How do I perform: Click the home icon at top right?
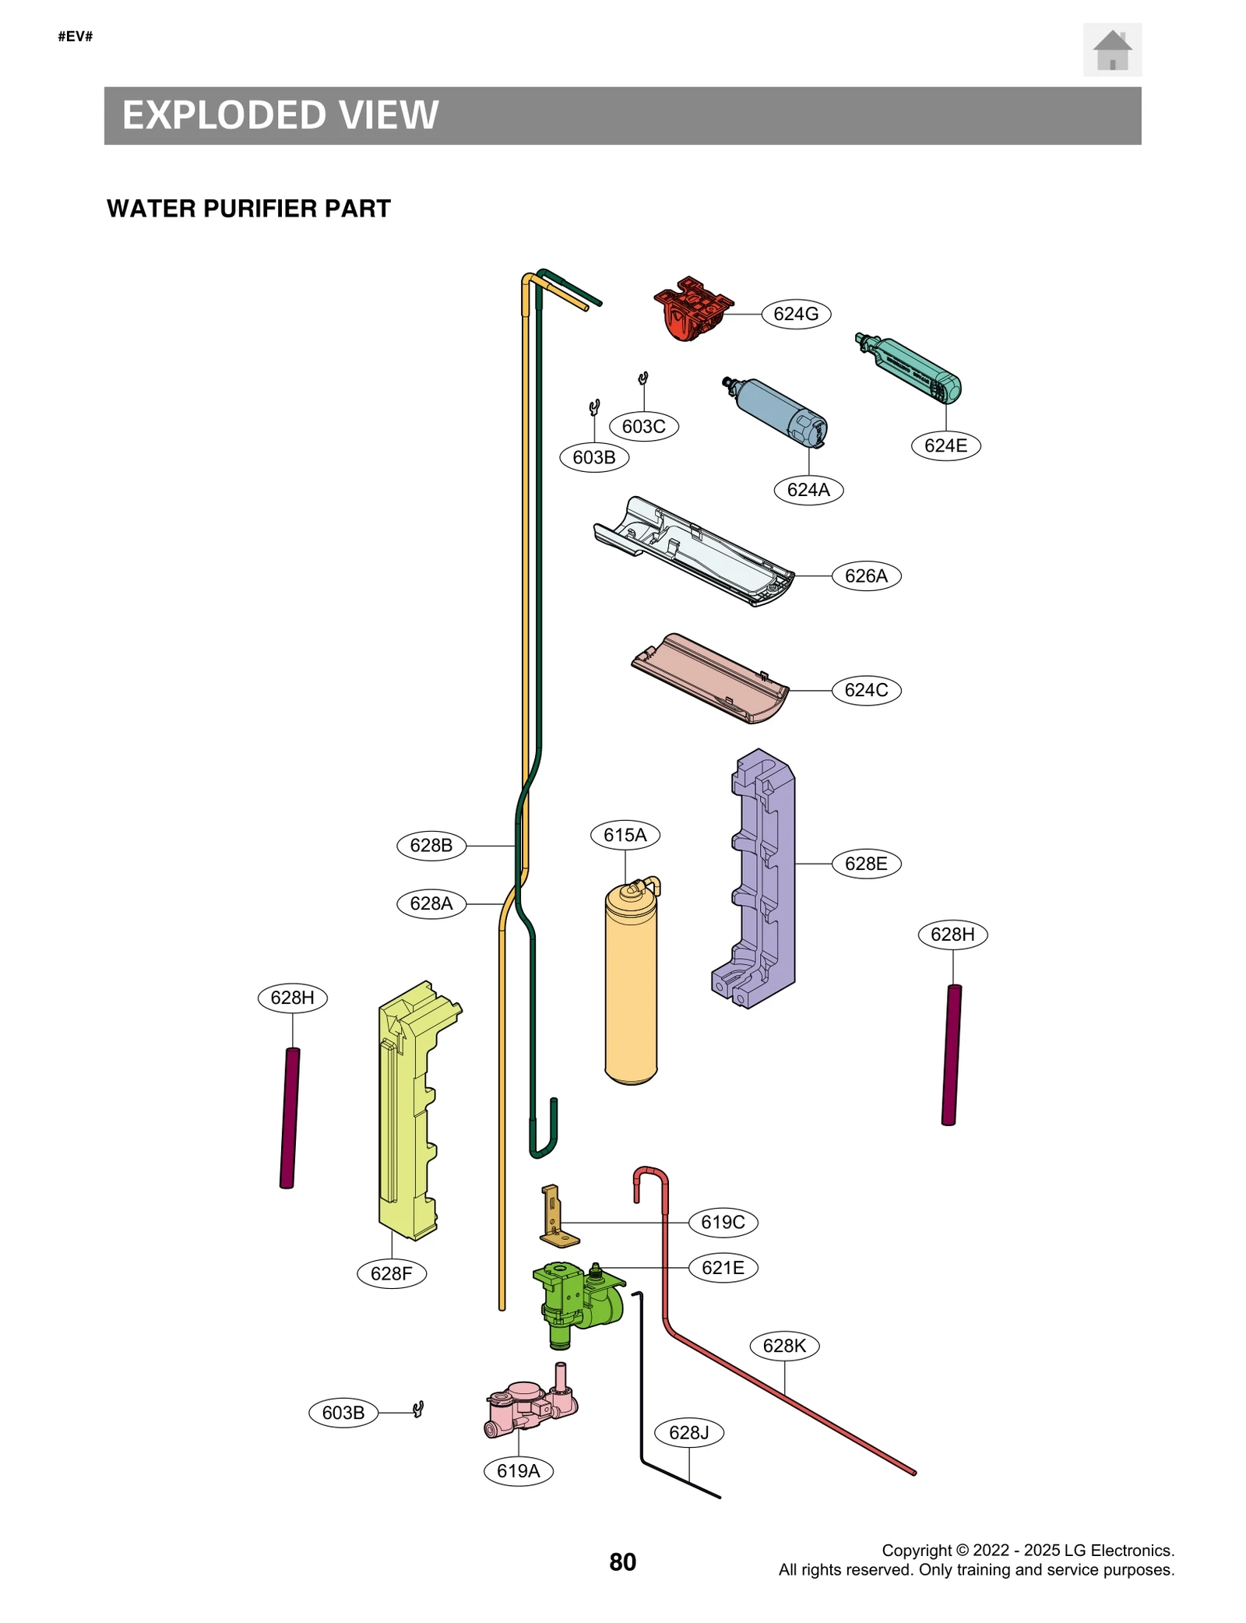1111,50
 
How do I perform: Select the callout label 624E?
945,445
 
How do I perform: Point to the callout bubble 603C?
643,426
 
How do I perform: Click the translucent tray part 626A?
693,551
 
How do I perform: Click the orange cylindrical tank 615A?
630,989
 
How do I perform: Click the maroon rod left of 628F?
290,1118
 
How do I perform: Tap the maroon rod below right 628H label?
951,1054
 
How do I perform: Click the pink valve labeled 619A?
526,1406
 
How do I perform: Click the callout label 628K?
783,1345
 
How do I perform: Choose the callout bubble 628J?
688,1432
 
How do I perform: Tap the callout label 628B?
431,845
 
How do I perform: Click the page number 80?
622,1561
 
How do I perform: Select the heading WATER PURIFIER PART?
248,209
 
